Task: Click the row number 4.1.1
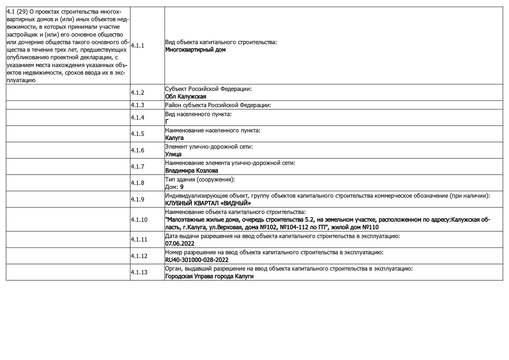point(137,46)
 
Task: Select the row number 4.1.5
point(137,134)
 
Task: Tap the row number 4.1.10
point(139,220)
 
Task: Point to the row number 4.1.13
point(139,272)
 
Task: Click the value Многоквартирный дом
point(195,50)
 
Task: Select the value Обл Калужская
point(186,97)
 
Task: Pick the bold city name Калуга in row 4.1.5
point(174,138)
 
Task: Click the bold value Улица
point(173,154)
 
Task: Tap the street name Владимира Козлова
point(192,171)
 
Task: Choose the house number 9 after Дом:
point(182,187)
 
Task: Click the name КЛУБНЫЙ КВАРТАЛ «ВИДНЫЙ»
point(208,203)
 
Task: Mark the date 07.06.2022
point(180,244)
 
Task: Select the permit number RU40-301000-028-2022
point(197,260)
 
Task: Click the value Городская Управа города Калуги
point(209,276)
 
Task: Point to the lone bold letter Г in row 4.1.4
point(167,122)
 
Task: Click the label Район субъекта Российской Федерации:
point(218,105)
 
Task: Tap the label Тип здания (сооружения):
point(200,180)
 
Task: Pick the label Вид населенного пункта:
point(198,114)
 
